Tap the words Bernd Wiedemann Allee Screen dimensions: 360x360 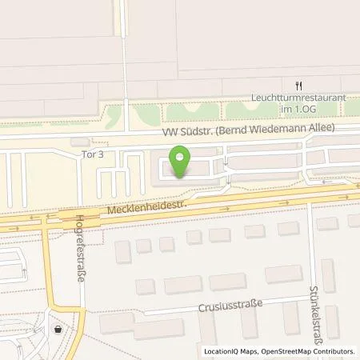(x=282, y=129)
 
